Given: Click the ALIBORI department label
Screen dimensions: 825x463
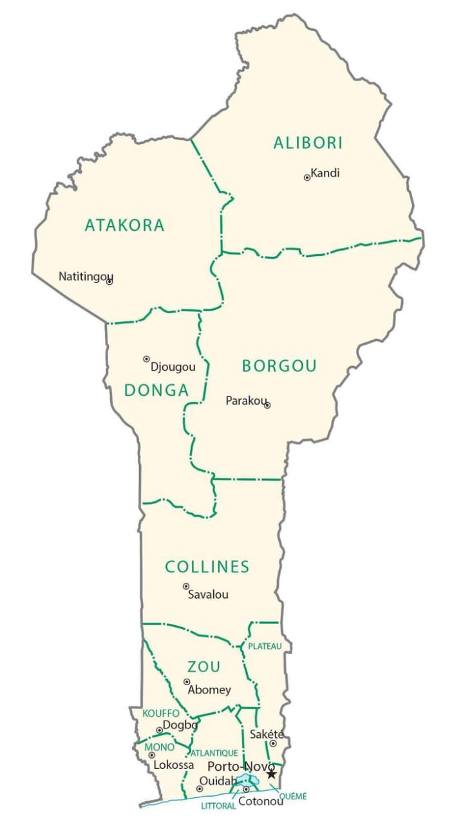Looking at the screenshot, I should [x=308, y=143].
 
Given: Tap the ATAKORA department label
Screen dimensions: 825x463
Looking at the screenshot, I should [x=125, y=226].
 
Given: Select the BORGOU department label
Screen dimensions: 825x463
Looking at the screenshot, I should [x=279, y=366].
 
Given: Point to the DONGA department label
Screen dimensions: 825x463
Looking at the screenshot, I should [x=156, y=390].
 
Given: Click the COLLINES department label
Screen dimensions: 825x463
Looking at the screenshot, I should [x=207, y=567].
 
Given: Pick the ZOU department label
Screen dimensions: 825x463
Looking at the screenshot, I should [x=203, y=666].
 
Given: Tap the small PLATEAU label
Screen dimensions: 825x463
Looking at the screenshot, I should [x=265, y=646].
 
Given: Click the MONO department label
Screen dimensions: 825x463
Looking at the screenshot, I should [x=160, y=747].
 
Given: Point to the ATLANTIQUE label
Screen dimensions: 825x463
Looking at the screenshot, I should [x=214, y=753].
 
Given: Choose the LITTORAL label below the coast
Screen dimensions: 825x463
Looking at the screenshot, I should [x=218, y=806].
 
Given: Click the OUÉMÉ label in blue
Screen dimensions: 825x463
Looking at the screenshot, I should [x=294, y=797].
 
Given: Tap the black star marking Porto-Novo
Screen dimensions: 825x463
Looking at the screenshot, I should [x=271, y=773].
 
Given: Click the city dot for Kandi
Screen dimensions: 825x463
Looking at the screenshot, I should [x=307, y=177].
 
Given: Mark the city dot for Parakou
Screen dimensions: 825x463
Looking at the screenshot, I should [x=267, y=405].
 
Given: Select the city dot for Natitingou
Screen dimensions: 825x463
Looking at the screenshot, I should [x=109, y=282].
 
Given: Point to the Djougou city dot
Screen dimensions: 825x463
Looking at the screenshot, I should [x=146, y=359].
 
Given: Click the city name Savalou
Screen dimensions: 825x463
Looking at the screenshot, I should [x=208, y=595].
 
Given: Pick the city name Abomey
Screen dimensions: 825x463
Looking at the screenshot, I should [x=209, y=690].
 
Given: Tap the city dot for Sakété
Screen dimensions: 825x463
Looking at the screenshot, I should [x=273, y=743].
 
